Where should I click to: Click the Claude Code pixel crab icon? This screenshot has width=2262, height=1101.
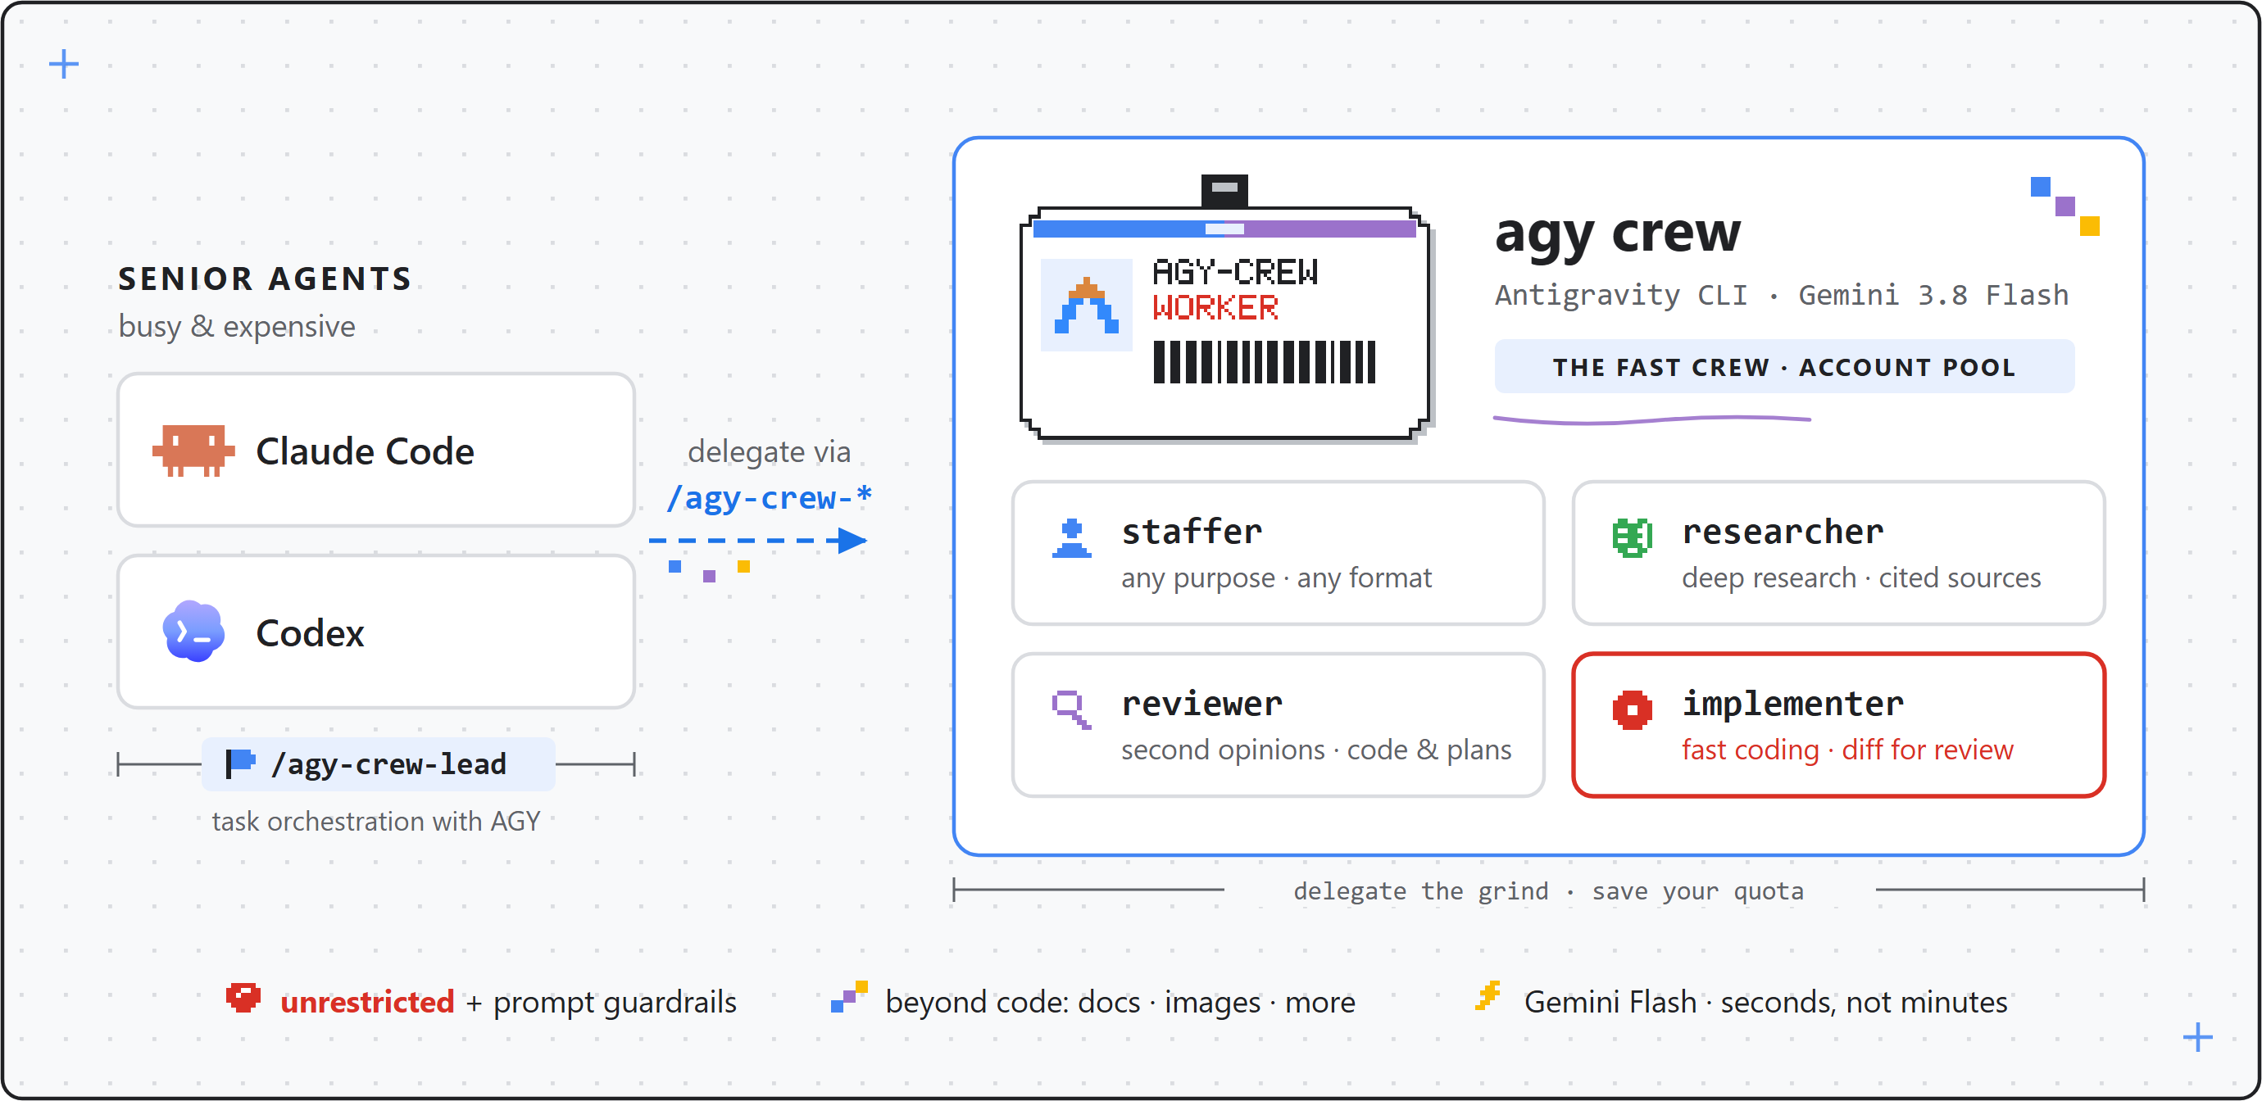point(193,451)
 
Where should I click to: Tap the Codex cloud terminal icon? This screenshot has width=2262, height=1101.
point(193,632)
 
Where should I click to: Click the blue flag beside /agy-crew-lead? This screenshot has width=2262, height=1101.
point(239,763)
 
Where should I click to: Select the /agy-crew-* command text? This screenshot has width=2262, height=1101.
point(770,498)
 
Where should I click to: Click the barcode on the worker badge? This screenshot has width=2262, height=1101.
point(1265,362)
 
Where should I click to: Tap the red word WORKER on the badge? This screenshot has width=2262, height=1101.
point(1215,307)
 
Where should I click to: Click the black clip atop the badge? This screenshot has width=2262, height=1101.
point(1224,191)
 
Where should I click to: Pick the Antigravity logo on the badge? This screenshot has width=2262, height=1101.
point(1086,306)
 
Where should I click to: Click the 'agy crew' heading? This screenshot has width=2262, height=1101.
point(1618,233)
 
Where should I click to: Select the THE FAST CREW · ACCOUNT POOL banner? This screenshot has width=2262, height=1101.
point(1784,366)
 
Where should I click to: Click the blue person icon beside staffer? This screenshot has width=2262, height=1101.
point(1071,538)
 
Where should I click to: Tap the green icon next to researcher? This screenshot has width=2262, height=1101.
point(1633,537)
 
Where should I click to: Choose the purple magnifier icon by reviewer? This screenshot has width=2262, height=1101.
point(1071,709)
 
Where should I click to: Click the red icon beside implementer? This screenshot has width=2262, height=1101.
point(1633,709)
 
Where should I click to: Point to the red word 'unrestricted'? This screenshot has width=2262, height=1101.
point(367,1002)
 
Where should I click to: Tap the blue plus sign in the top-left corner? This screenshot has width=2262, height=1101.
point(63,64)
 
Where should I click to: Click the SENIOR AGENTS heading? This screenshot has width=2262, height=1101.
point(266,279)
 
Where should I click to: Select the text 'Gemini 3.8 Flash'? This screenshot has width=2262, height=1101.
point(1933,295)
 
